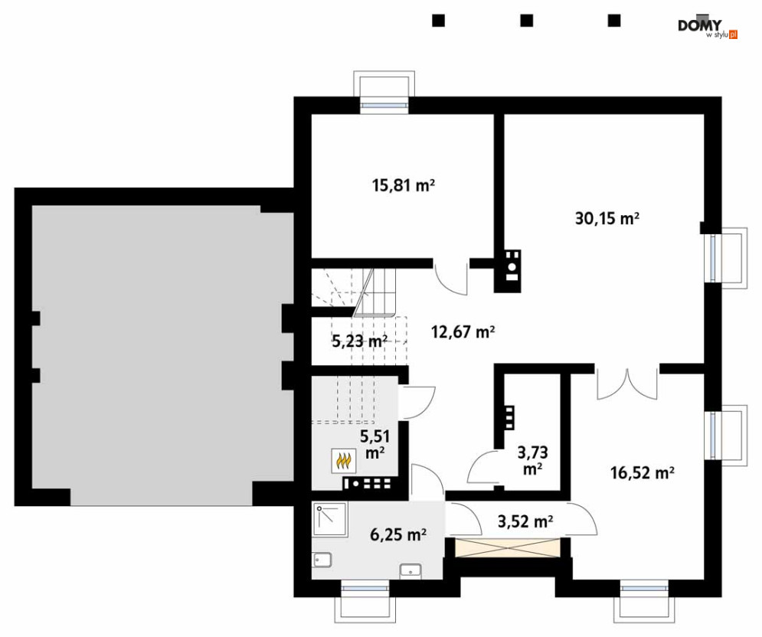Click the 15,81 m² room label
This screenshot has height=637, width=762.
coord(403,185)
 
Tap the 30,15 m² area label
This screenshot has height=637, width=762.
coord(607,219)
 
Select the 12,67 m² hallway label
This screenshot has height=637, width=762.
coord(463,332)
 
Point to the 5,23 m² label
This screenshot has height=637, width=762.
coord(359,341)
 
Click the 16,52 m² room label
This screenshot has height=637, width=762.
coord(642,472)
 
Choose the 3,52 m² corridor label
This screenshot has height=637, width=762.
coord(525,521)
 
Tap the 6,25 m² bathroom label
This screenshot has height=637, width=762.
coord(398,534)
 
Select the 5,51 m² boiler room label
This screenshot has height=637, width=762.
coord(374,444)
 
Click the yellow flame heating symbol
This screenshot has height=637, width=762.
coord(344,461)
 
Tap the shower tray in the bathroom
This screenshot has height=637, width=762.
coord(330,519)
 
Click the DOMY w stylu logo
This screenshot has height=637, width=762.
coord(708,28)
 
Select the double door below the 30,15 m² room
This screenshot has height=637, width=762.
coord(627,384)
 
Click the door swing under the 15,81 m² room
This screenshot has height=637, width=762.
coord(451,279)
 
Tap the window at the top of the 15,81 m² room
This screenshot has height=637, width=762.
coord(384,104)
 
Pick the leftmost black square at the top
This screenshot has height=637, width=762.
coord(438,21)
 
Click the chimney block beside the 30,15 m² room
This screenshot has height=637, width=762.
coord(508,271)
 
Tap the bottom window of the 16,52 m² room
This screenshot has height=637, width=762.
coord(644,589)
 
